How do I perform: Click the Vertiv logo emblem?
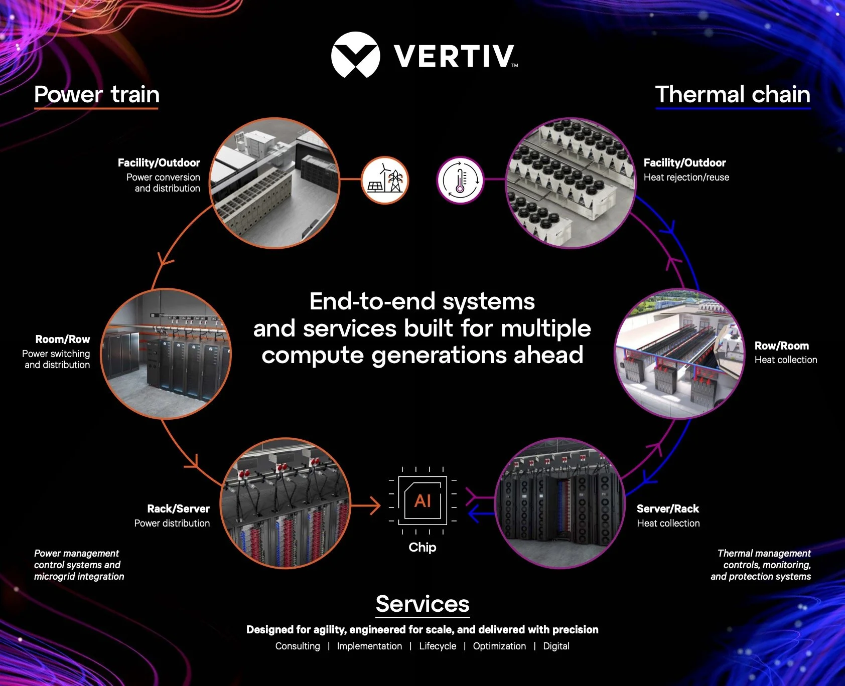(355, 55)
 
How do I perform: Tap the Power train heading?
(97, 94)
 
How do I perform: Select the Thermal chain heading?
(733, 94)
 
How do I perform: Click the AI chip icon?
(422, 500)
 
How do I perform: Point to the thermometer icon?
(460, 180)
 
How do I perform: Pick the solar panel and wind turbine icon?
(385, 180)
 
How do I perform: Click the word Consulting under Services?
(298, 646)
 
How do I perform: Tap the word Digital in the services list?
(556, 646)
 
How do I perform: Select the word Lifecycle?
(438, 646)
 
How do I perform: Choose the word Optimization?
(499, 646)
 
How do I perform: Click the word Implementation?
(369, 646)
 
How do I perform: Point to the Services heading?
(422, 604)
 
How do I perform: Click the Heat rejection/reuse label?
(686, 177)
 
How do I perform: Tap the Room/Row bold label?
(63, 339)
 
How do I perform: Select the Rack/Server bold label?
(178, 508)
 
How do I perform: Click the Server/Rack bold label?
(667, 508)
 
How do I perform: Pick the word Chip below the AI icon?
(422, 547)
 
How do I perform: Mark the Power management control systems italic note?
(79, 565)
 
